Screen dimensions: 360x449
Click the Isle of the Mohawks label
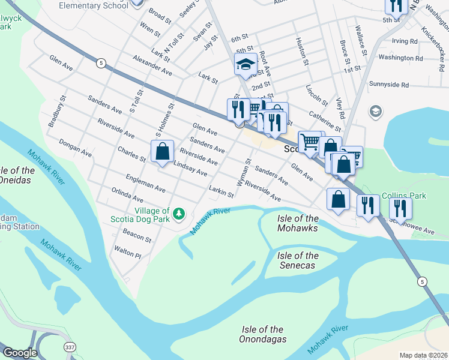click(x=298, y=223)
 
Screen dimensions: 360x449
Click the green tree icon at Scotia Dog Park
click(x=178, y=214)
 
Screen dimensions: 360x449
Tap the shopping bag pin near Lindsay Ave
click(x=163, y=152)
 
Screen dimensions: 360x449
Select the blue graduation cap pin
click(x=246, y=64)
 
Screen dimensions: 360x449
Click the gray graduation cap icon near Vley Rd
click(x=375, y=111)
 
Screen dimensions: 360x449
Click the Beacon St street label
click(x=137, y=235)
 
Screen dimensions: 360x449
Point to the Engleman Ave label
click(x=145, y=184)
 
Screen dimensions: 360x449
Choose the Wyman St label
click(x=243, y=173)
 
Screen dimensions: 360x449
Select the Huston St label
click(x=302, y=52)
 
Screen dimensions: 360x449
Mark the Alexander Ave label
click(x=152, y=67)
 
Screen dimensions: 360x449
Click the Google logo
click(x=20, y=353)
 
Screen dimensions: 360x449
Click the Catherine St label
click(x=325, y=120)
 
